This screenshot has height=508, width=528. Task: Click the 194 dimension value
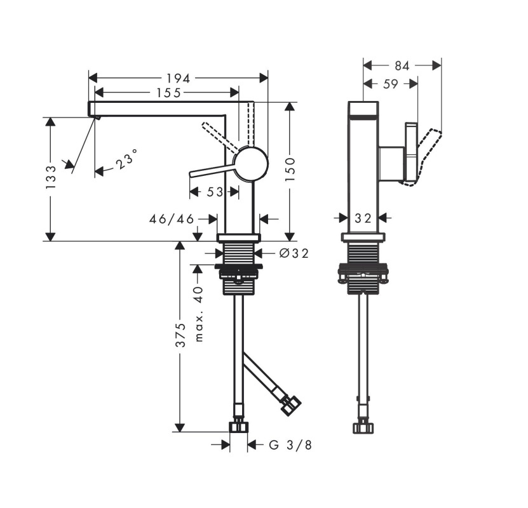point(178,78)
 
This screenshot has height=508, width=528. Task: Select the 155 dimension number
point(168,93)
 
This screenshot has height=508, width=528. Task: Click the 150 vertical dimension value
point(290,169)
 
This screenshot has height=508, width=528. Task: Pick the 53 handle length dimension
point(215,192)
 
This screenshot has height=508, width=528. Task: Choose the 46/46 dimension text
point(172,219)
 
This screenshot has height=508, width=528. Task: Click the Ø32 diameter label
point(294,253)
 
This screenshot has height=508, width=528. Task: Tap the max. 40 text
point(200,314)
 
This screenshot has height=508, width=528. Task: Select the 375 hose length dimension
point(181,335)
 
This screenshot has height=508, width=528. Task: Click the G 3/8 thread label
point(290,445)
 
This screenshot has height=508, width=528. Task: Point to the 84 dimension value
point(402,66)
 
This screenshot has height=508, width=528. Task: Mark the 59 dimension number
point(391,84)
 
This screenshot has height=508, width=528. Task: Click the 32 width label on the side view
point(363,218)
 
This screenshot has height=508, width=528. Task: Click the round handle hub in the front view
point(251,164)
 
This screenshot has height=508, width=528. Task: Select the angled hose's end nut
point(290,405)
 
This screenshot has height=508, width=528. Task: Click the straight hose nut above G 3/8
point(239,427)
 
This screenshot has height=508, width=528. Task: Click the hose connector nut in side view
point(363,427)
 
